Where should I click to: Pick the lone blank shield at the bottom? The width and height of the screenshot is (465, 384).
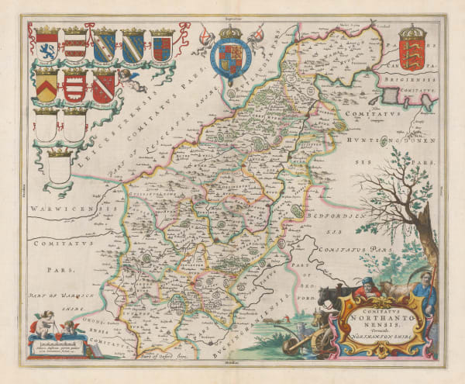[58, 167]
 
